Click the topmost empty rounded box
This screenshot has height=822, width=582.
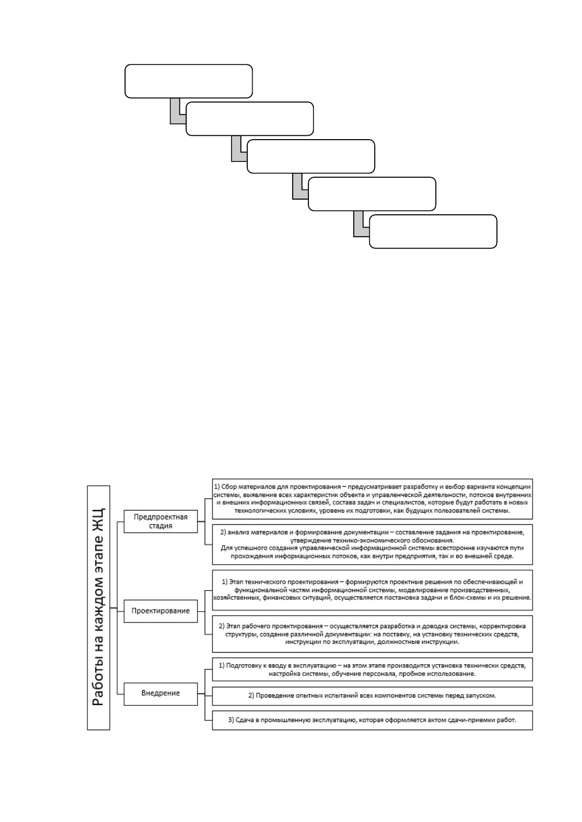pyautogui.click(x=189, y=81)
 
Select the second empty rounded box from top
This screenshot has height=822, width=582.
pyautogui.click(x=250, y=119)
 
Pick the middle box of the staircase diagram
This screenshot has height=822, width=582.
pyautogui.click(x=311, y=156)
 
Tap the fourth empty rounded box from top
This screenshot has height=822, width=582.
pyautogui.click(x=372, y=194)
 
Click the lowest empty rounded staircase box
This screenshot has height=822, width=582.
pyautogui.click(x=433, y=231)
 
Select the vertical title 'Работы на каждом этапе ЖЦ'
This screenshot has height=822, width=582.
pyautogui.click(x=99, y=608)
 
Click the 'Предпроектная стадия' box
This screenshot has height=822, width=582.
pyautogui.click(x=161, y=521)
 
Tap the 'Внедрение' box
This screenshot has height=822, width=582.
pyautogui.click(x=161, y=693)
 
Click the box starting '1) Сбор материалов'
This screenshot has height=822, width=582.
pyautogui.click(x=372, y=499)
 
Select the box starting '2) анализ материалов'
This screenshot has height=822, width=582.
pyautogui.click(x=372, y=544)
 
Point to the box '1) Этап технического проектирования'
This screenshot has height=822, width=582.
pyautogui.click(x=372, y=590)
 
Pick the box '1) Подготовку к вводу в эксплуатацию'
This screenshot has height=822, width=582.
pyautogui.click(x=372, y=669)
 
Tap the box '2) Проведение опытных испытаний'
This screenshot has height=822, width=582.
pyautogui.click(x=372, y=696)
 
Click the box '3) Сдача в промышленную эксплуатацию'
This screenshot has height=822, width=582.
pyautogui.click(x=372, y=720)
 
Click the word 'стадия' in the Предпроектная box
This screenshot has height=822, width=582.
pyautogui.click(x=161, y=526)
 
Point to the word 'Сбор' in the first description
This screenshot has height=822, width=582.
pyautogui.click(x=229, y=487)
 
